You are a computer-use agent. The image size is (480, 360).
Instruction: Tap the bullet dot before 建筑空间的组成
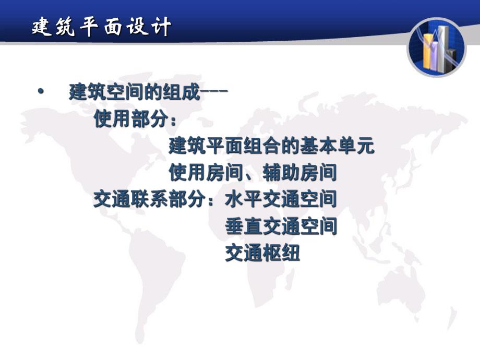coord(41,93)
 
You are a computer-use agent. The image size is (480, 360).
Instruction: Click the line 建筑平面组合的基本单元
coord(271,147)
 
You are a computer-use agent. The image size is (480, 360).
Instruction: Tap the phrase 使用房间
coord(194,172)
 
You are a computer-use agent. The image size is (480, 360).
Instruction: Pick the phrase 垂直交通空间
coord(281,226)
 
